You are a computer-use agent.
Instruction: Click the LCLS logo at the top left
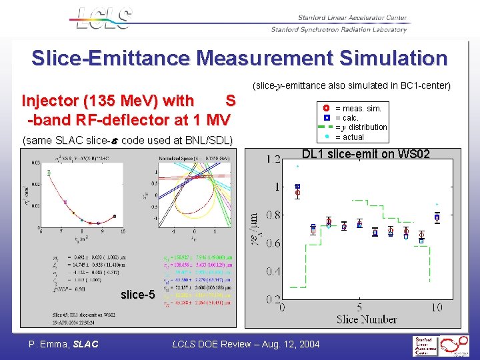(101, 18)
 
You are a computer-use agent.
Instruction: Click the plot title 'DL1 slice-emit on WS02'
(365, 154)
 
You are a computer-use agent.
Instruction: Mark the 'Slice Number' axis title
(367, 319)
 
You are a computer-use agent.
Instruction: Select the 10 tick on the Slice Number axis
(437, 307)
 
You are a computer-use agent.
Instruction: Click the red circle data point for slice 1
(298, 193)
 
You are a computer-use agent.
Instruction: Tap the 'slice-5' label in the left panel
(137, 295)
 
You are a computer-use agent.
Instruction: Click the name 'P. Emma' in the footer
(49, 344)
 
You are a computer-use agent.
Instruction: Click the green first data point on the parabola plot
(49, 173)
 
